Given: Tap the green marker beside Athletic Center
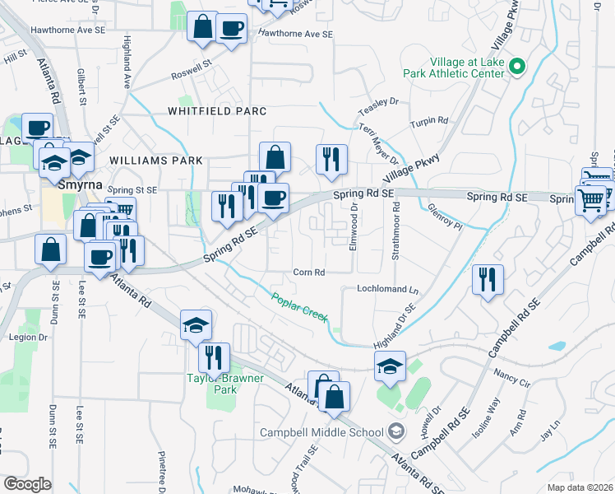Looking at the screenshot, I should pos(516,67).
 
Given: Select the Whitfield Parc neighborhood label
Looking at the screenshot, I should pos(217,110).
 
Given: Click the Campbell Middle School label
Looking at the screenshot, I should pos(321,432).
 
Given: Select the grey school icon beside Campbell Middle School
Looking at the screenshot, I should pos(396,431).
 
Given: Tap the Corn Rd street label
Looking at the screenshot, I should pos(309,273).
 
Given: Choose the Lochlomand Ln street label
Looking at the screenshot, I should pos(387,290).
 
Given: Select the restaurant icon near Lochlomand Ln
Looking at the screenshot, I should pos(487,280).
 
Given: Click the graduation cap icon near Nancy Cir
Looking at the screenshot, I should pos(391,366).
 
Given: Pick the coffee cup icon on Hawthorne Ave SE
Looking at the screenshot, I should pos(231,30).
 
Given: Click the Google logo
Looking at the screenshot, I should pos(27,484).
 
